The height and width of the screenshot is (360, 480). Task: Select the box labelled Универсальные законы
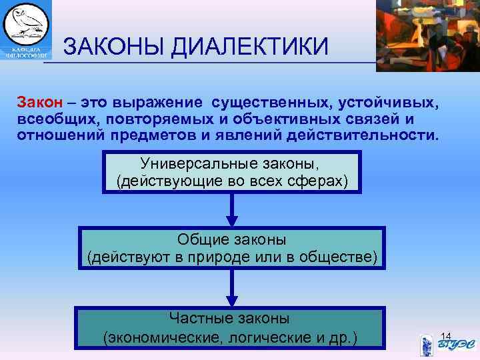point(231,172)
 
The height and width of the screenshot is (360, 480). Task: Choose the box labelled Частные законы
point(231,328)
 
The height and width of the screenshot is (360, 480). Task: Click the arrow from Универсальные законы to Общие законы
point(231,211)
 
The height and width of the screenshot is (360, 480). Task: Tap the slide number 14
point(447,335)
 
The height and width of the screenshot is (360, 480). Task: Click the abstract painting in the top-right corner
point(427,33)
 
